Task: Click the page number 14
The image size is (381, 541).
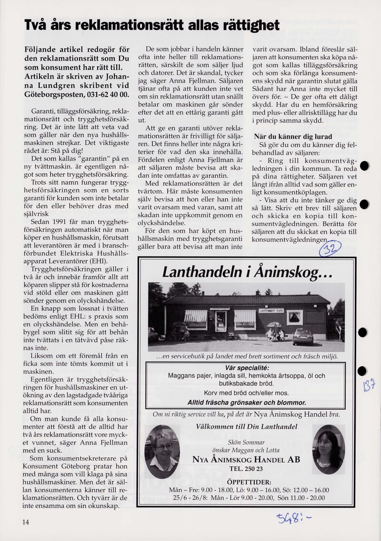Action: [x=25, y=521]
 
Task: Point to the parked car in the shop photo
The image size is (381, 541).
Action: [x=303, y=337]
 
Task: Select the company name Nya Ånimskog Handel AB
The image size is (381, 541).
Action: [x=246, y=459]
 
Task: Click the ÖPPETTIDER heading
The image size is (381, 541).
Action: [x=246, y=482]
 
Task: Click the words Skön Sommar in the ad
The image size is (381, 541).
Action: [x=246, y=442]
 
